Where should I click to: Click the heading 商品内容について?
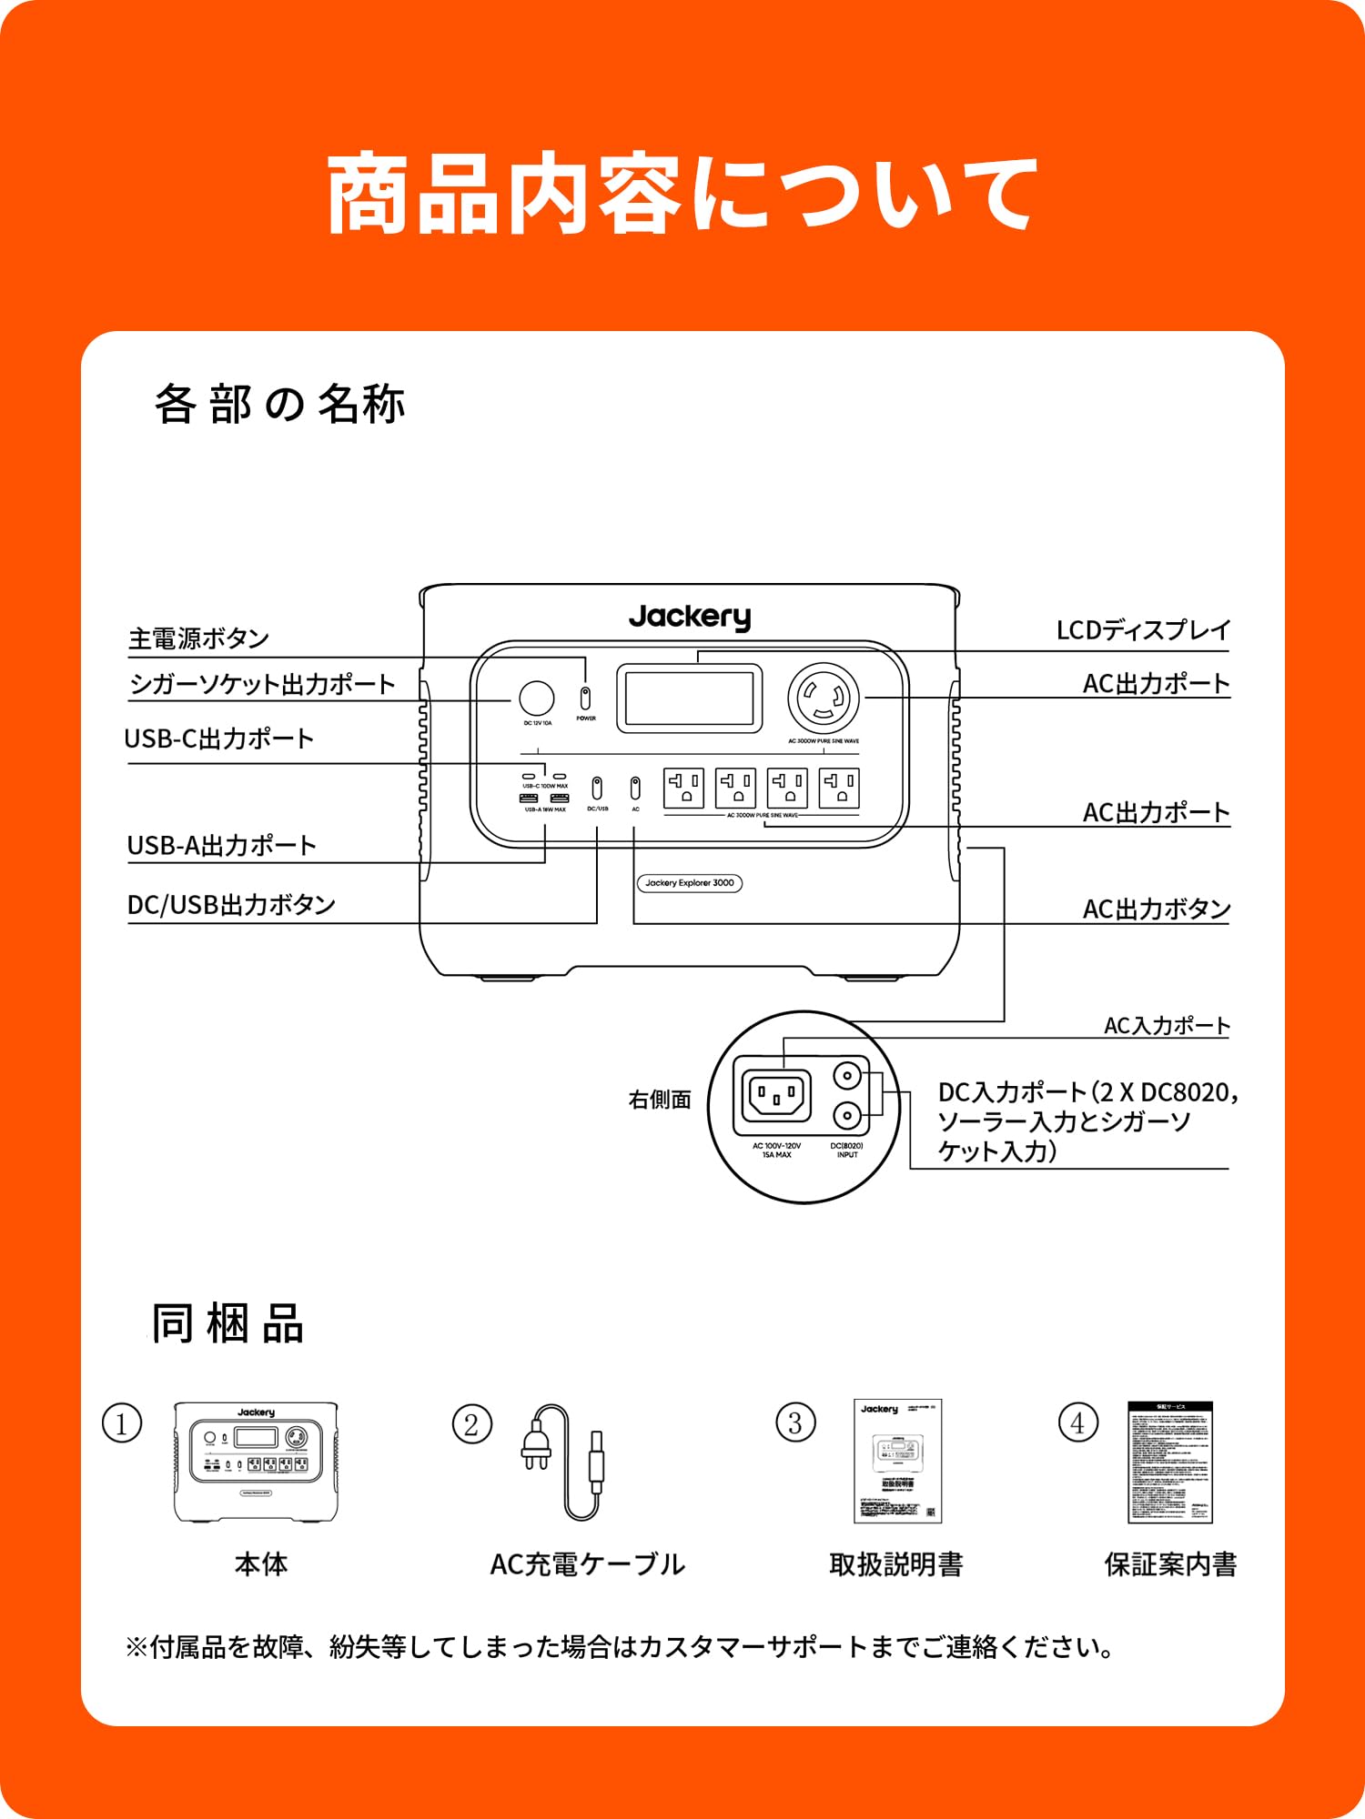coord(682,194)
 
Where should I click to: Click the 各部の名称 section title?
coord(279,404)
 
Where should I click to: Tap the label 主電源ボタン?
coord(198,638)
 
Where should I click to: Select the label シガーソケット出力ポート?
coord(262,684)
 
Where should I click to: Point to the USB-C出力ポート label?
coord(219,739)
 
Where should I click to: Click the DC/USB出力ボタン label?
coord(231,905)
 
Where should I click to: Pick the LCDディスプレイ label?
coord(1143,630)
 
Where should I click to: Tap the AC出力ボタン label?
coord(1156,909)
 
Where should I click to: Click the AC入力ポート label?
coord(1166,1026)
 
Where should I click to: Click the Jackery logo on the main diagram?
coord(690,618)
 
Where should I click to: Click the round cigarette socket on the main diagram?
coord(536,698)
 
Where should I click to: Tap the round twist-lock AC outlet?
coord(824,698)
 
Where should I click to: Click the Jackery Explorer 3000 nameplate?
coord(689,883)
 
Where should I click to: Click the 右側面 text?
coord(660,1100)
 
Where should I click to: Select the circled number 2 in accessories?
coord(471,1424)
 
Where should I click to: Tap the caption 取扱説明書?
coord(896,1565)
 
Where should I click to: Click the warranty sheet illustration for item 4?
coord(1170,1462)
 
